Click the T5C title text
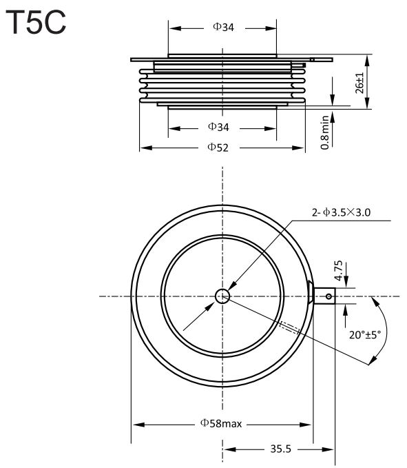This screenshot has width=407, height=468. (x=36, y=22)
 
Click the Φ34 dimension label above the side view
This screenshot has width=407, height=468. (x=224, y=27)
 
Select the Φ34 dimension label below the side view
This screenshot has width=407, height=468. (x=218, y=127)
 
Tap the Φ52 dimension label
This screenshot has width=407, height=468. (x=218, y=147)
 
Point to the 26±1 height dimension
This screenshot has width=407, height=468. (x=360, y=83)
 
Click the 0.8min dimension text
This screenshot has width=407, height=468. (x=325, y=132)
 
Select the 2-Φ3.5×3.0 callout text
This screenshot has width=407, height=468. (x=341, y=212)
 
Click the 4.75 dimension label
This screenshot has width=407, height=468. (x=338, y=271)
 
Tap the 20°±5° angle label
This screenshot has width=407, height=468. (x=365, y=335)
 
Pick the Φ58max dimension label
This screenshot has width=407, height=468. (x=221, y=423)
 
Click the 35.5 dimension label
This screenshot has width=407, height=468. (x=280, y=449)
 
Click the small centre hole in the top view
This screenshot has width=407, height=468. (x=222, y=296)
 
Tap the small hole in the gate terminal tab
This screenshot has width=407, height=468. (x=328, y=296)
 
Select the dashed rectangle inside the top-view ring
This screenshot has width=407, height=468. (x=290, y=327)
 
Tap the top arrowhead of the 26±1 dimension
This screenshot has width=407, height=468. (x=367, y=61)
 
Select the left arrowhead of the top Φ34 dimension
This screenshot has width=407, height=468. (x=175, y=29)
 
